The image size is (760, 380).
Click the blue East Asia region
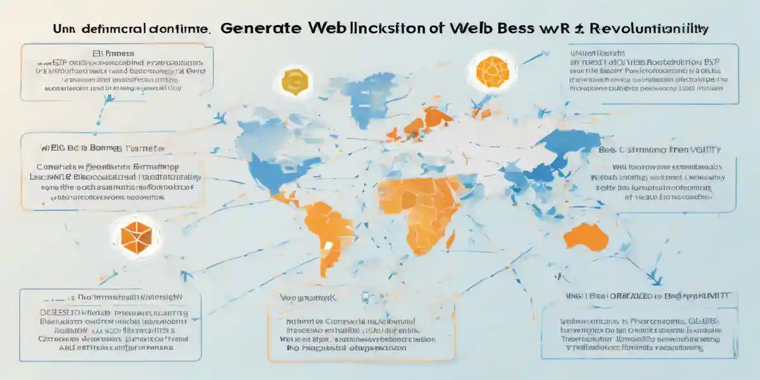click(x=557, y=152)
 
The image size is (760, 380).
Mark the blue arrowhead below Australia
click(x=655, y=274)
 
